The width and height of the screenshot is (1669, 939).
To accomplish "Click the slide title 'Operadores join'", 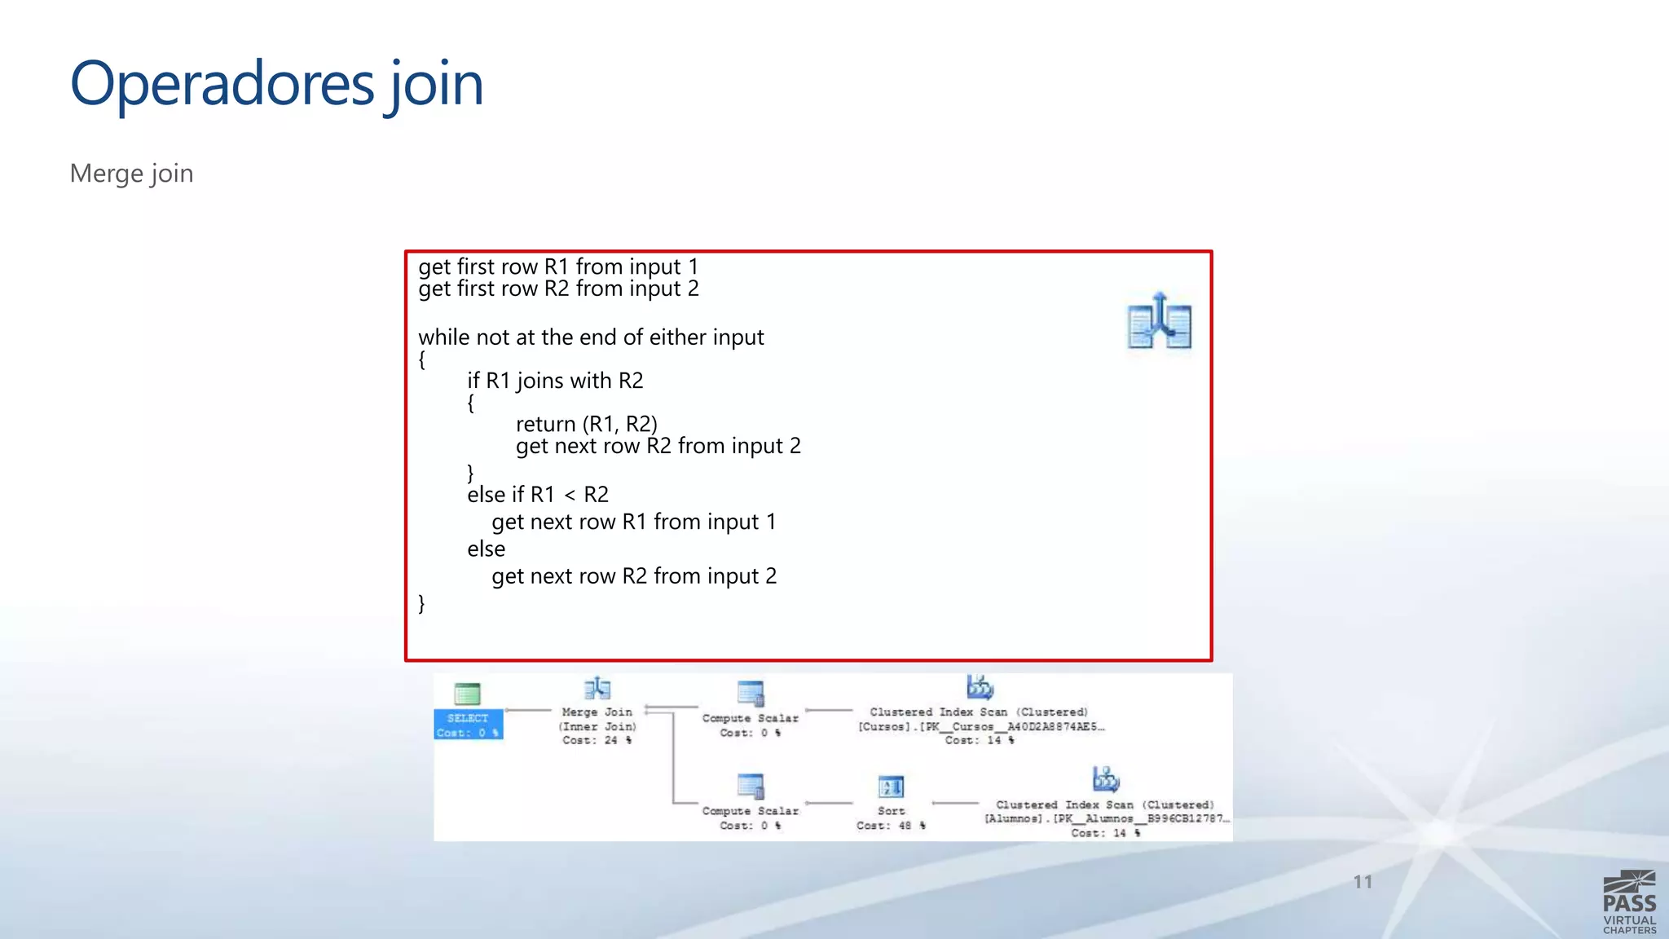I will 276,84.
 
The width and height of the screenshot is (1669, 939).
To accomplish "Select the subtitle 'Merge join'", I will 131,174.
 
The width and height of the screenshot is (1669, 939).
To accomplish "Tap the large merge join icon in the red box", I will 1159,322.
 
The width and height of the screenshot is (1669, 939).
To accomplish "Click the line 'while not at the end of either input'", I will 591,337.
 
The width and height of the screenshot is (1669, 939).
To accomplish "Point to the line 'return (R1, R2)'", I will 586,424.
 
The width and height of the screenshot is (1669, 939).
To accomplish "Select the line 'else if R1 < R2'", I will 538,495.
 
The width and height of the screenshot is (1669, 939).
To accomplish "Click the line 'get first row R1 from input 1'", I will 558,267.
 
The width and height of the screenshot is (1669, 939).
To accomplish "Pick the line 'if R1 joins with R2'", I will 555,381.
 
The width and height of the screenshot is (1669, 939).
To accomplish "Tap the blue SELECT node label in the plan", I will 468,725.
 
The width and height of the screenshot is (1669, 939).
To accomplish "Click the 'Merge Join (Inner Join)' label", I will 597,719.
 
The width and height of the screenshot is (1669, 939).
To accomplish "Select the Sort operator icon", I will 891,787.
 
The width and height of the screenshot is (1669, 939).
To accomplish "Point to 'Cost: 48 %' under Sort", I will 891,826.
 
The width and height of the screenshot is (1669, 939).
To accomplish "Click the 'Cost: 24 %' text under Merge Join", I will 597,740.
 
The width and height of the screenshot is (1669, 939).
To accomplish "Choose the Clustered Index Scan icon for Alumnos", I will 1105,779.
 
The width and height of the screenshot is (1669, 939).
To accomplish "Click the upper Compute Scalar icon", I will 750,694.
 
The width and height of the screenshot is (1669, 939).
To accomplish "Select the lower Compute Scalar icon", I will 750,787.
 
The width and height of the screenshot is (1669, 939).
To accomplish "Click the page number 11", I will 1363,882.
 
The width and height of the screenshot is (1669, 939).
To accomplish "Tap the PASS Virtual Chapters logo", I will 1629,902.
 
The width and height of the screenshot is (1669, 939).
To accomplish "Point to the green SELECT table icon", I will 467,694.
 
